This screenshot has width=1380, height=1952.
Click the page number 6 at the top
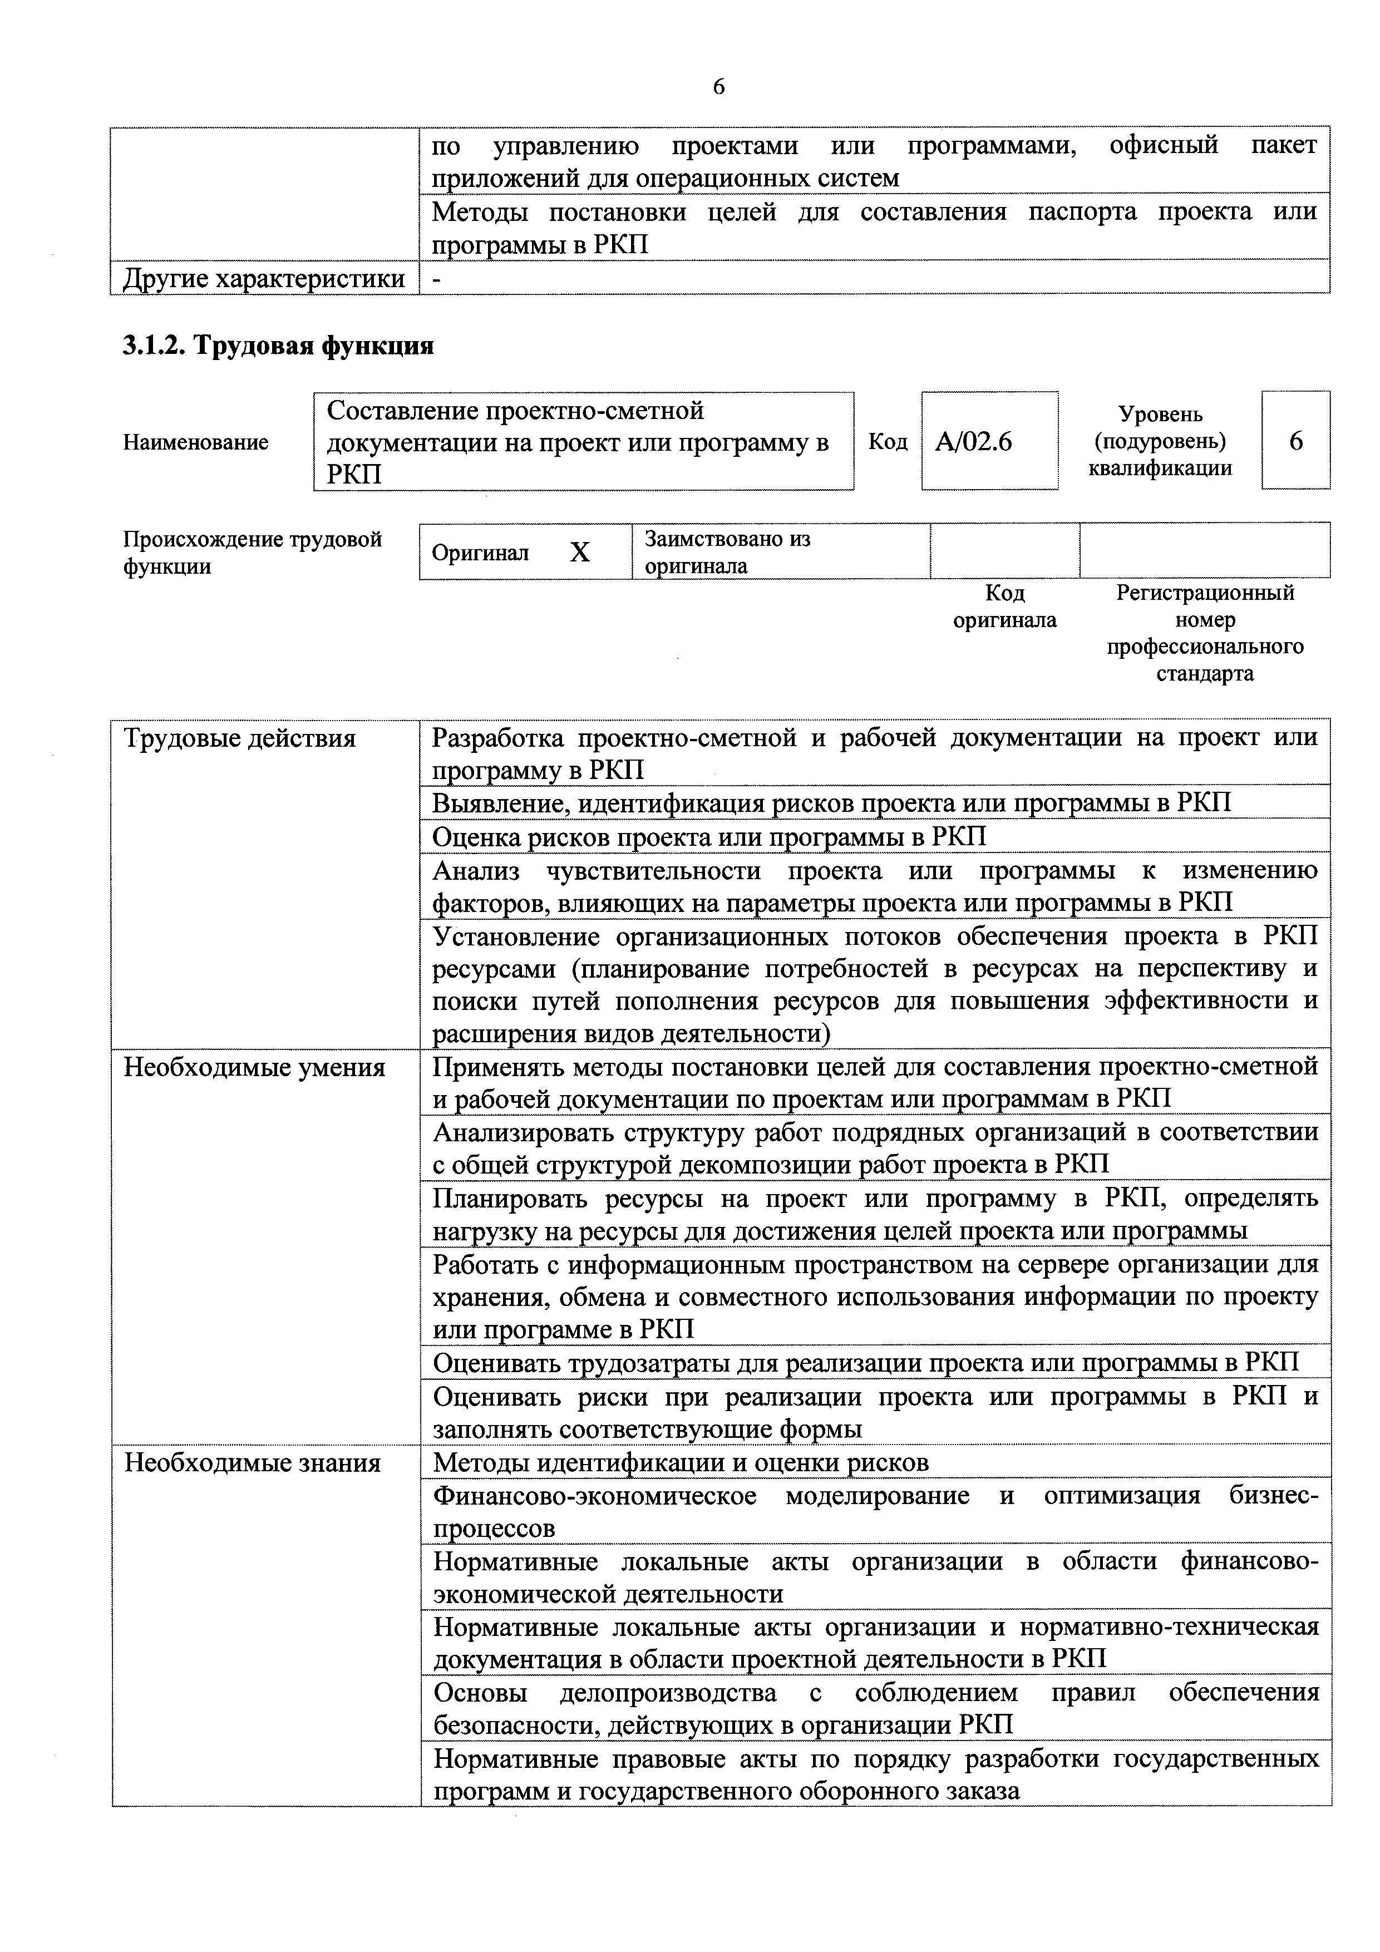pos(718,87)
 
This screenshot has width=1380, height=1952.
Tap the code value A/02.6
pos(974,441)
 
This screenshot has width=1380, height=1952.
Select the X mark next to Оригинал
pos(579,553)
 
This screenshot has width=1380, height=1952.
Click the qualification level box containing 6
pos(1296,440)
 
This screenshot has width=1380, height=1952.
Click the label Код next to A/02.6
pos(888,442)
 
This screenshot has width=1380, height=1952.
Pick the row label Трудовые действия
pos(240,738)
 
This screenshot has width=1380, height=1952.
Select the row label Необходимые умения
pos(254,1067)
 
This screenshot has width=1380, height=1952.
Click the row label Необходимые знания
pos(253,1462)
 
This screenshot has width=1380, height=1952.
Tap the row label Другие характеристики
pos(264,278)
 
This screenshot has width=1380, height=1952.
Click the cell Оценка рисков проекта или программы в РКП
pos(709,836)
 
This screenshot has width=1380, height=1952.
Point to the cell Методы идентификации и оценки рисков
pos(681,1462)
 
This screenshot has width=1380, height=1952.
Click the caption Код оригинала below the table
pos(1004,606)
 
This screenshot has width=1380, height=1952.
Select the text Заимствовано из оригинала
pos(728,552)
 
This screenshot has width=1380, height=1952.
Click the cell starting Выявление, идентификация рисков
pos(831,804)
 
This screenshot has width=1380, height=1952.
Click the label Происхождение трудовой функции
pos(253,553)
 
